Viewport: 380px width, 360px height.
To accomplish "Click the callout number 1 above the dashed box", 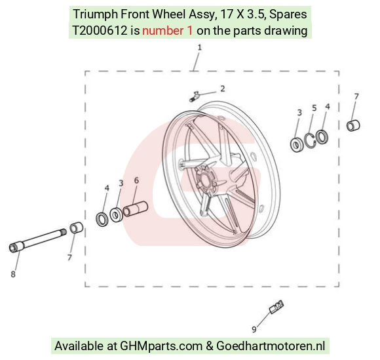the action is click(199, 48).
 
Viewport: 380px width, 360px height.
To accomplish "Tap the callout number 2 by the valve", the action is click(223, 89).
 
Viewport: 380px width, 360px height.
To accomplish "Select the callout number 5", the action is click(314, 108).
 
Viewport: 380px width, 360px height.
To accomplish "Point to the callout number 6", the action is click(136, 180).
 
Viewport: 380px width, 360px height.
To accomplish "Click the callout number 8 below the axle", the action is click(13, 274).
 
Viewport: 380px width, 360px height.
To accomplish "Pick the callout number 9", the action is click(254, 329).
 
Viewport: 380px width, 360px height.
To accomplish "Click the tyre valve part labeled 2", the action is click(194, 96).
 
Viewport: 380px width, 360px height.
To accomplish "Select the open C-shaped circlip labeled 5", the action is click(310, 140).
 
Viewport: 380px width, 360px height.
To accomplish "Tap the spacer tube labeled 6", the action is click(135, 209).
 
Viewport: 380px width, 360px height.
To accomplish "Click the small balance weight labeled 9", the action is click(276, 307).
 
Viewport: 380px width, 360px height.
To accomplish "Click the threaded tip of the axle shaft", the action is click(64, 231).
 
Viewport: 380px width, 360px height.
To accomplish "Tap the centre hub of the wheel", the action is click(205, 180).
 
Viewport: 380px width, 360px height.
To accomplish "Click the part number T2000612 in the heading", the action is click(100, 31).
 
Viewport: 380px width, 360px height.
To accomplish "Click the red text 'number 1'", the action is click(168, 31).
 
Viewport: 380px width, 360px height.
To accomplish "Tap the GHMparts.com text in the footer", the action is click(161, 346).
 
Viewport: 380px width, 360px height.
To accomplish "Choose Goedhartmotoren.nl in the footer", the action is click(271, 346).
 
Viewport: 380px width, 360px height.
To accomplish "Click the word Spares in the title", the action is click(288, 14).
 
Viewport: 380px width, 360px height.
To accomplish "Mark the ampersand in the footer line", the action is click(210, 346).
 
